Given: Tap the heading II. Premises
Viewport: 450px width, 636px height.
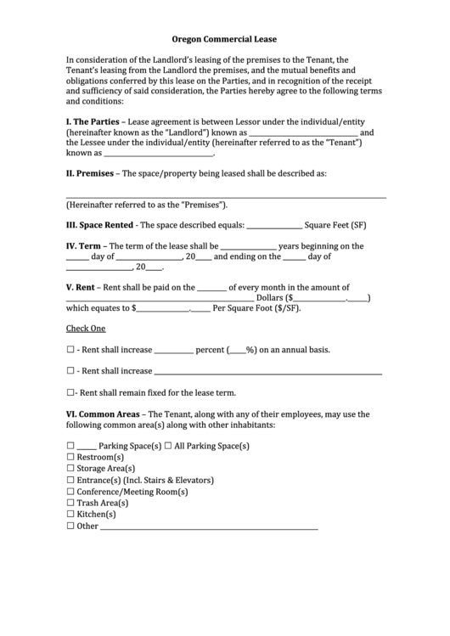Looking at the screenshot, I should (93, 172).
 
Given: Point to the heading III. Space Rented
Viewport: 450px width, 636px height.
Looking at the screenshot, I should (99, 226).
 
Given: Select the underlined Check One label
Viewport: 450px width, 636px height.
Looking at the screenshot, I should (86, 329).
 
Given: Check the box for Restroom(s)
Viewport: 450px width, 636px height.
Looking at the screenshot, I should (70, 457).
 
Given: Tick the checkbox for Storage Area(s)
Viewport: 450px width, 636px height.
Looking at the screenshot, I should (70, 468).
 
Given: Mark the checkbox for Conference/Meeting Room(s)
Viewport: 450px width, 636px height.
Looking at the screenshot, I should (70, 492).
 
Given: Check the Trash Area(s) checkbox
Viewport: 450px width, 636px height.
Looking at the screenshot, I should (70, 503).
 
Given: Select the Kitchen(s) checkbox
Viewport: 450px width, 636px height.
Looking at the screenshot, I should (70, 515).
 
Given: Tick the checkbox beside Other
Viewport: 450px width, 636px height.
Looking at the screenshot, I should (70, 526).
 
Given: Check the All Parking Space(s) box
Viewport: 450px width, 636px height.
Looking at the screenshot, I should (168, 446).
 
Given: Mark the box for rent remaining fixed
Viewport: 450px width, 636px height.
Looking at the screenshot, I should (70, 393).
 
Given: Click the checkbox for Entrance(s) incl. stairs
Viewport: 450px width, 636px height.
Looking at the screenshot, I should (70, 480).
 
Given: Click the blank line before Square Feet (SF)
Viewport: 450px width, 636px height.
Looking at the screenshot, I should (273, 228).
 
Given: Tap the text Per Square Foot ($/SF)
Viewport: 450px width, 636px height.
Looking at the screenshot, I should (258, 309).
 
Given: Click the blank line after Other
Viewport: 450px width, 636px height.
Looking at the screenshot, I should (209, 528).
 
